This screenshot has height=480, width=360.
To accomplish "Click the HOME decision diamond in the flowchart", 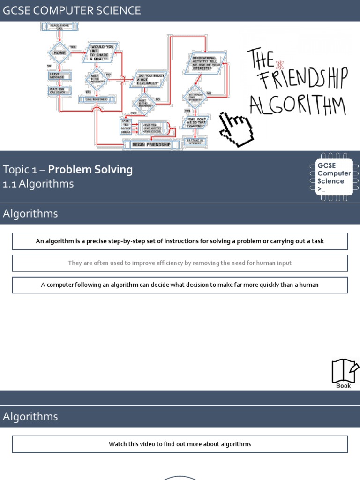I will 60,52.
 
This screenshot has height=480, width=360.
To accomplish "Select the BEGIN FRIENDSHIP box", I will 151,144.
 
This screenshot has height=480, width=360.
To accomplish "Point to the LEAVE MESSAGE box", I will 60,75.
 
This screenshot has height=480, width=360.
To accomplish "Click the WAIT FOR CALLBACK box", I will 60,90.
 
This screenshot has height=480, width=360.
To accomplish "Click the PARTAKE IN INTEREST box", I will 195,141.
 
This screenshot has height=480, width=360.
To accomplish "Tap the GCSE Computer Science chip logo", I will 334,177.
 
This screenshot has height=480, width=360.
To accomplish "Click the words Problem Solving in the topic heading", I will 90,169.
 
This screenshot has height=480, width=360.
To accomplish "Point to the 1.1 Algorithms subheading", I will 38,184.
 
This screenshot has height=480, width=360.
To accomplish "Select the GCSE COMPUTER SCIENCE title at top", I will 72,10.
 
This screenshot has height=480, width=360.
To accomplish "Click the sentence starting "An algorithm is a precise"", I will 180,241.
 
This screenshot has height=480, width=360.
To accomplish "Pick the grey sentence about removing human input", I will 180,263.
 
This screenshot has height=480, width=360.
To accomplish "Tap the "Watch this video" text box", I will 180,444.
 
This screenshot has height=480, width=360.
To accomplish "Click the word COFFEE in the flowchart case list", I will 126,128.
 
